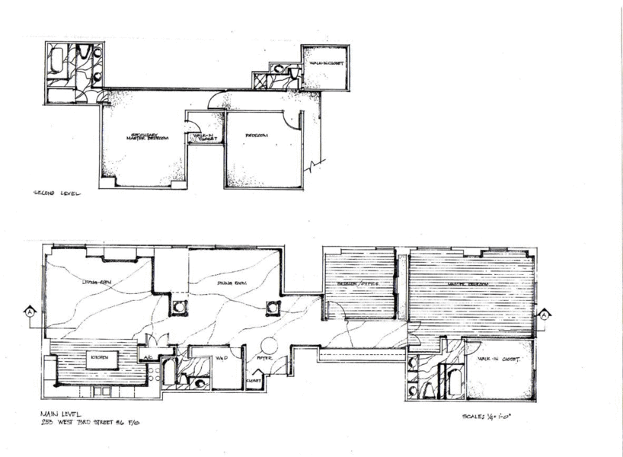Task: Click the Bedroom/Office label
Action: [x=358, y=286]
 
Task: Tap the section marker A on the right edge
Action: [x=545, y=312]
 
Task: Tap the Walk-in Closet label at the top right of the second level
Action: [x=325, y=63]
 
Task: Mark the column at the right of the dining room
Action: [x=273, y=308]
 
